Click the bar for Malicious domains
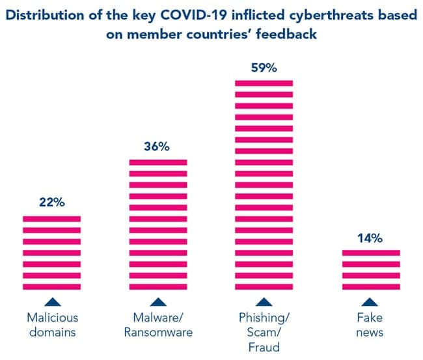[x=52, y=253]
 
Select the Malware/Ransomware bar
[x=158, y=225]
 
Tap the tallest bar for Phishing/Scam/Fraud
[x=264, y=185]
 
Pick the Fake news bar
[x=370, y=270]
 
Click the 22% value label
[x=52, y=202]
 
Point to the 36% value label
[x=157, y=146]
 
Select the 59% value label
[x=264, y=67]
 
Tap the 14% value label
[x=370, y=237]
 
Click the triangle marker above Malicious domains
[x=52, y=301]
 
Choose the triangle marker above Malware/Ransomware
[x=158, y=301]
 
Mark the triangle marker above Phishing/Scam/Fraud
[x=264, y=301]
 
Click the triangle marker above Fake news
[x=370, y=301]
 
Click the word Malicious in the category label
[x=52, y=318]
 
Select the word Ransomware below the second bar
[x=158, y=333]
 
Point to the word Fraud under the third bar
[x=264, y=348]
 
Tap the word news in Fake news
[x=370, y=333]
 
